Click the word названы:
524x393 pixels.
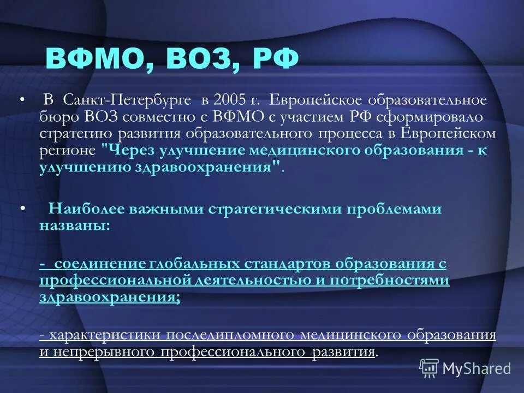click(74, 225)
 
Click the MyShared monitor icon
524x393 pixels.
click(429, 368)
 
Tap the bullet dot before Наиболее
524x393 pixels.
click(22, 209)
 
